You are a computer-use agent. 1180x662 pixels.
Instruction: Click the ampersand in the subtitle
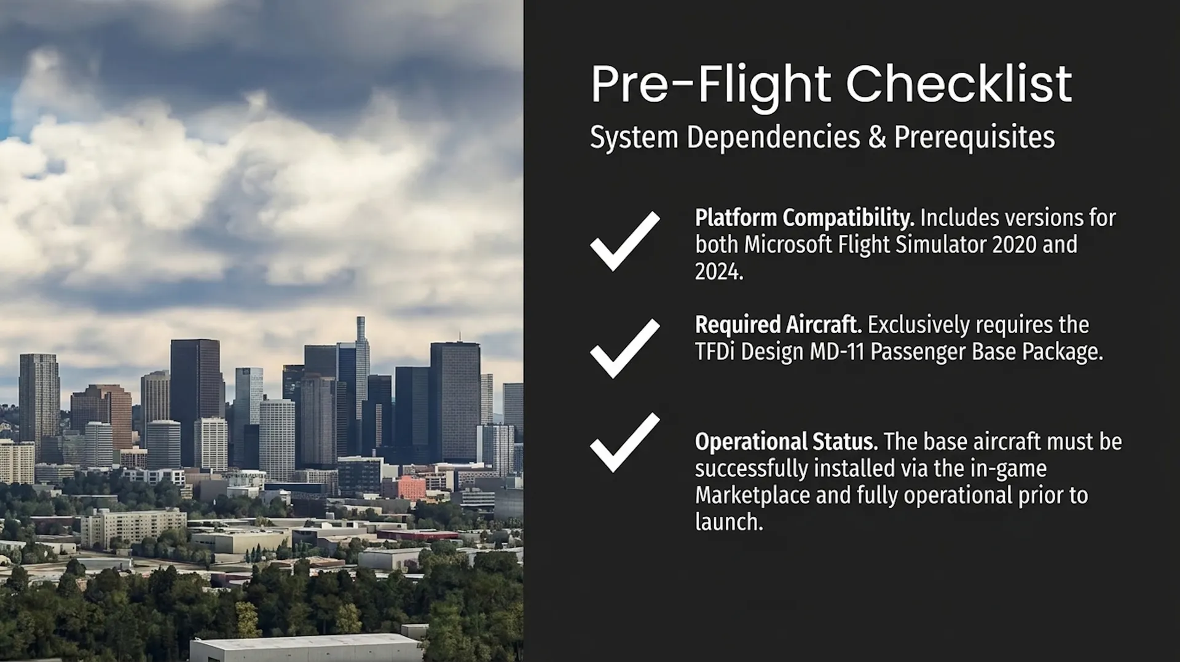[x=877, y=136]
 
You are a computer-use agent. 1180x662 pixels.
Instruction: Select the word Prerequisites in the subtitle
[x=974, y=137]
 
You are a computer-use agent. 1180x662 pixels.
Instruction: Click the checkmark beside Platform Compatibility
[x=624, y=241]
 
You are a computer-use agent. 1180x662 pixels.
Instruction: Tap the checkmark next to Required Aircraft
[x=624, y=348]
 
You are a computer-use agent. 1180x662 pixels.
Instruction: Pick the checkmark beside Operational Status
[x=624, y=443]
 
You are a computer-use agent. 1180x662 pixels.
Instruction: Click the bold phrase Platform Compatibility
[x=804, y=219]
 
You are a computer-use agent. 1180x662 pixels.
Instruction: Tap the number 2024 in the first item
[x=719, y=271]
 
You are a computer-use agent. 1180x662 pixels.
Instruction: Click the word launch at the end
[x=729, y=522]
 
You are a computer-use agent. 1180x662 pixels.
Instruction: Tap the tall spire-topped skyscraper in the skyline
[x=362, y=381]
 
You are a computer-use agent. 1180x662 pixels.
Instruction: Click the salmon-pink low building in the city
[x=404, y=488]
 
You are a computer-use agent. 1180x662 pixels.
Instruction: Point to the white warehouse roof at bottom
[x=306, y=648]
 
